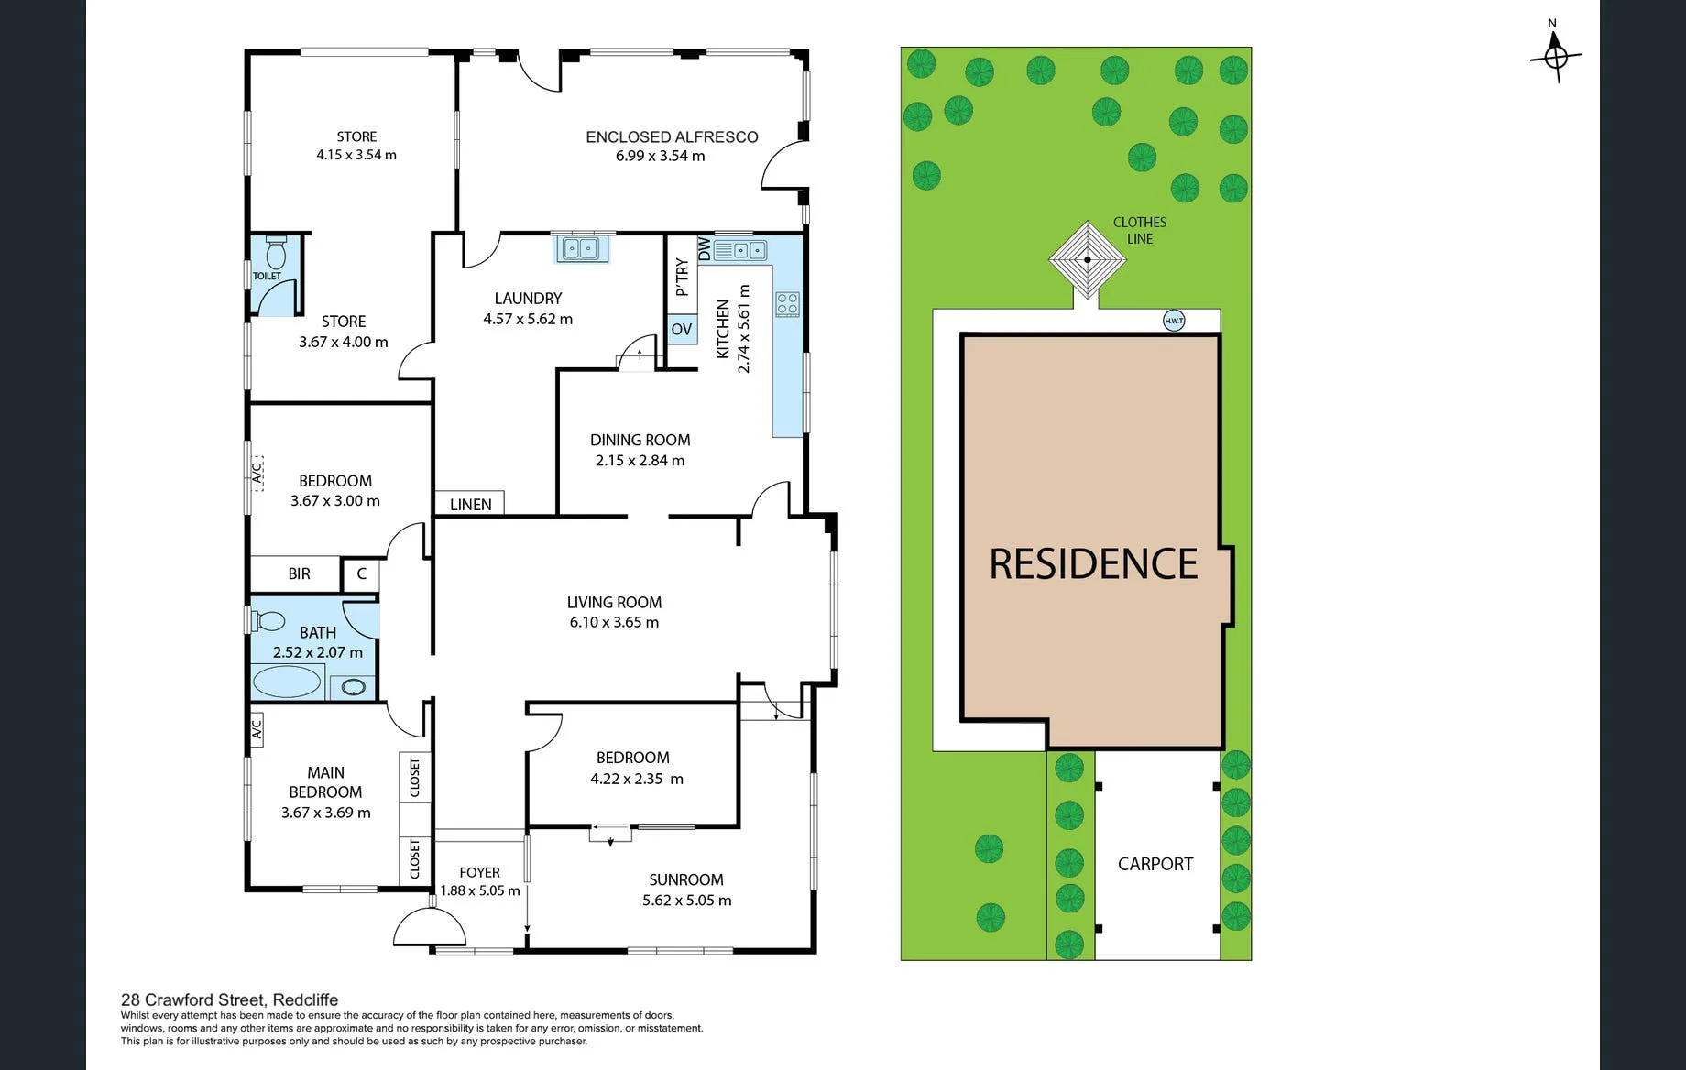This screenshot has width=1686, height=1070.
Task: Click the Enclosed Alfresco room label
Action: pos(672,136)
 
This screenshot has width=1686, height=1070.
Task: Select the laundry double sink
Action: pos(581,247)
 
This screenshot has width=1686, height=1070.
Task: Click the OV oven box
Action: pos(682,330)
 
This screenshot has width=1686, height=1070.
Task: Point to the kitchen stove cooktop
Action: pos(787,304)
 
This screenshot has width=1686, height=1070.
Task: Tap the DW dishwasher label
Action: pos(704,249)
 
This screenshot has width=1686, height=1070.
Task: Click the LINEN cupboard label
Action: pos(470,504)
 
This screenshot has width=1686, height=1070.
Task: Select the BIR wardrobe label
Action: pos(299,573)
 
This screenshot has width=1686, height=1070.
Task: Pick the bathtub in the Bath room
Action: pos(287,682)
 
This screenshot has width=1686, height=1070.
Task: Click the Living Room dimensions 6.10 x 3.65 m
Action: pos(614,622)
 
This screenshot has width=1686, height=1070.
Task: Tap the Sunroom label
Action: pos(686,879)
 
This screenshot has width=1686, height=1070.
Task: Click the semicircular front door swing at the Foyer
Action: pos(430,925)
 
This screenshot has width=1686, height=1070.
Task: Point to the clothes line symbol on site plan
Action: pos(1088,259)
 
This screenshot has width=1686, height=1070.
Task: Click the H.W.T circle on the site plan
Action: pos(1174,321)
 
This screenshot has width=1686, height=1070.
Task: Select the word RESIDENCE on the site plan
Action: pos(1093,563)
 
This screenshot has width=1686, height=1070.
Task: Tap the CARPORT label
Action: pos(1155,864)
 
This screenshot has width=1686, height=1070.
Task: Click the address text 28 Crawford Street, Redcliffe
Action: pos(230,999)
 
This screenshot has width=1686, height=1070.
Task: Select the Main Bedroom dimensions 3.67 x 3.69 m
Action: pos(326,813)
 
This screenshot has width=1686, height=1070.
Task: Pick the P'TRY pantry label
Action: pos(682,277)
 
